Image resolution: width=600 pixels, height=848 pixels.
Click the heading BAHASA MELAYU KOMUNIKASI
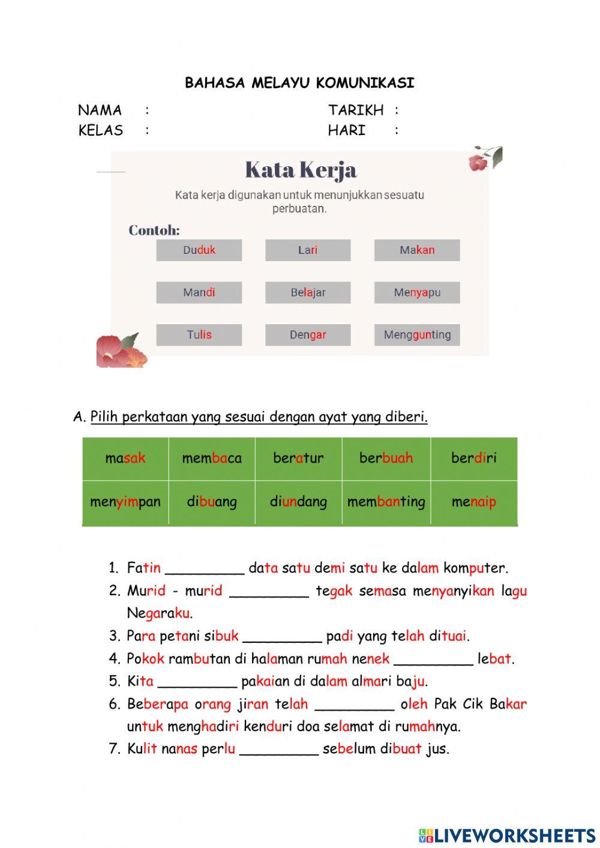299,83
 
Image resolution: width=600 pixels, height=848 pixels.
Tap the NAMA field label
100,110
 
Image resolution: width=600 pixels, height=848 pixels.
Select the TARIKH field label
356,110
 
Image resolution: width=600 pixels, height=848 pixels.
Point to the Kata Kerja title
301,170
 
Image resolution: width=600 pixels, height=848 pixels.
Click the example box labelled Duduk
199,250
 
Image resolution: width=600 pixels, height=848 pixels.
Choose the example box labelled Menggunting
417,335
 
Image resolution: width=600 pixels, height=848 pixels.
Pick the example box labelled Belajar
308,293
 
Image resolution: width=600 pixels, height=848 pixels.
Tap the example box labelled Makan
417,250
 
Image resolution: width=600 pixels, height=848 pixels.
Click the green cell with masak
125,459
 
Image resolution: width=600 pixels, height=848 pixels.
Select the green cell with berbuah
386,459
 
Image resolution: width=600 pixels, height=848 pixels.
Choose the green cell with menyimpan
125,502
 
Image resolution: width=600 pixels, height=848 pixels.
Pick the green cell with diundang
298,502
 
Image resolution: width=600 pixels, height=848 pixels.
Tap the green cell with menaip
474,502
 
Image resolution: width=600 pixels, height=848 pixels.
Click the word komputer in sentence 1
475,568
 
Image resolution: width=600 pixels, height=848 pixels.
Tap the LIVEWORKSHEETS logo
507,835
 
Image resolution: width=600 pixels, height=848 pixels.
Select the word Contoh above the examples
154,230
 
